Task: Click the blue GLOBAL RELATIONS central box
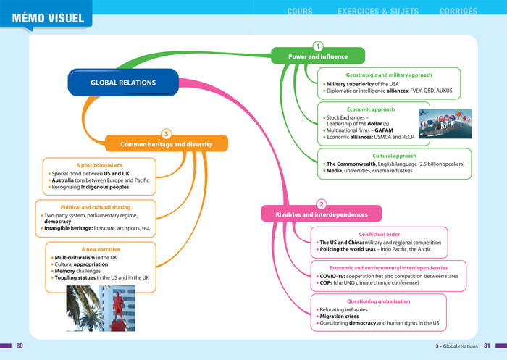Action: click(123, 83)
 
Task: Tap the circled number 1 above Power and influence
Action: click(318, 46)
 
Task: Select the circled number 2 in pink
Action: click(322, 204)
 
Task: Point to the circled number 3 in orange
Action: click(167, 134)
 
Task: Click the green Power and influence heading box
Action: click(318, 56)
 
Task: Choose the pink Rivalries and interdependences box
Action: click(321, 214)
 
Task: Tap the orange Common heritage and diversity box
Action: click(166, 144)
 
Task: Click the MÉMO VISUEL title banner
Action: click(48, 17)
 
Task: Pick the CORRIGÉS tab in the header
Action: click(458, 12)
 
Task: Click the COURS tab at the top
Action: click(300, 12)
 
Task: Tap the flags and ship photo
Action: click(445, 123)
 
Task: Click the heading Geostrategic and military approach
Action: click(389, 75)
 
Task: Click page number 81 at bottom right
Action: click(487, 346)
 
